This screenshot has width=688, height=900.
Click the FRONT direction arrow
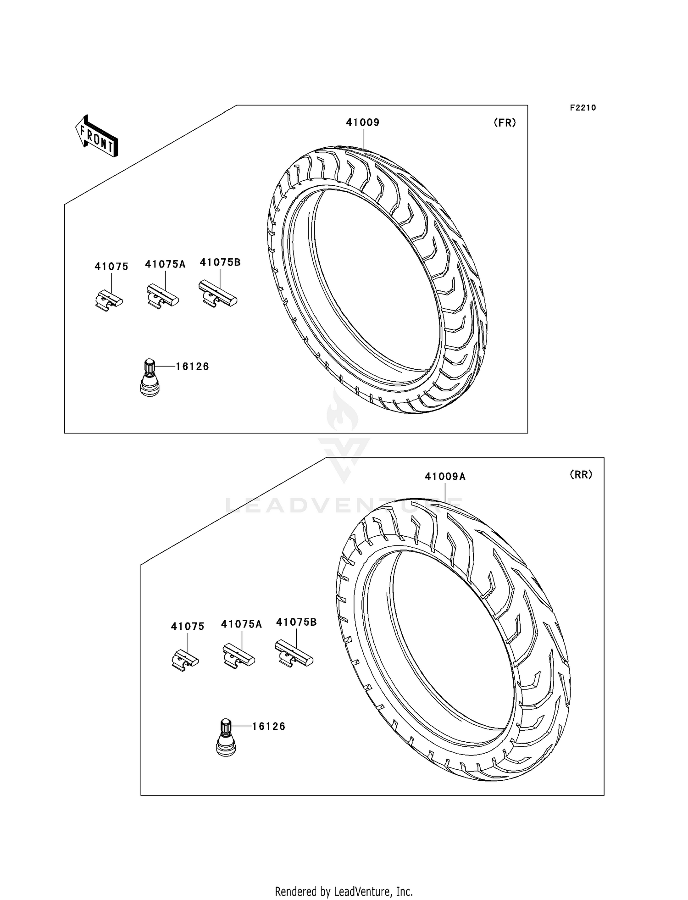point(97,136)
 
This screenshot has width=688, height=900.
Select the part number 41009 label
point(362,122)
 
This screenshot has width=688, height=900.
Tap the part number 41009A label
point(445,477)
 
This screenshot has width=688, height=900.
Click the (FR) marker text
point(505,122)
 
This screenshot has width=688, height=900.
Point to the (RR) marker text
point(581,475)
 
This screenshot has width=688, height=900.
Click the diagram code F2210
point(583,108)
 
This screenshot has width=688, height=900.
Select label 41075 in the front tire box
point(111,267)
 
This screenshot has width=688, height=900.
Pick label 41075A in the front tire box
point(165,264)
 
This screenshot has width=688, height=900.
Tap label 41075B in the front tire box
point(220,262)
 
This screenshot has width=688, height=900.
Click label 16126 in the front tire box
point(192,367)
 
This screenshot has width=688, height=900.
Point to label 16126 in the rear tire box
point(269,726)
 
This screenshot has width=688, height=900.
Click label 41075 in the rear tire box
point(188,627)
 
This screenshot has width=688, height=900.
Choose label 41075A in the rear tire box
point(241,624)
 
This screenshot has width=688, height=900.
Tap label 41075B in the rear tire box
point(296,622)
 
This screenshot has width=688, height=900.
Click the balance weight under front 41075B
point(217,294)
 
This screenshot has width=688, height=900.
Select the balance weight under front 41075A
point(162,296)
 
